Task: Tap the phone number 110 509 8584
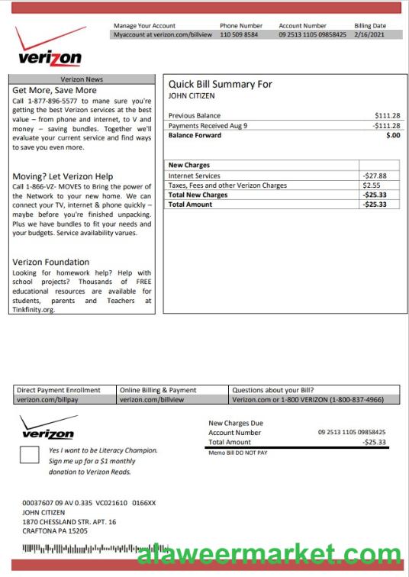point(239,34)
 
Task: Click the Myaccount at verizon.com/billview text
point(163,34)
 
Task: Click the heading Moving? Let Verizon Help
point(63,176)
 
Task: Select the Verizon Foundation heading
point(50,262)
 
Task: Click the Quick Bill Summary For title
point(220,84)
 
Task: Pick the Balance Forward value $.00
point(392,135)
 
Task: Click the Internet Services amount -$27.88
point(375,176)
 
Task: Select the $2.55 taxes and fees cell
point(372,185)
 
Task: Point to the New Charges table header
point(188,165)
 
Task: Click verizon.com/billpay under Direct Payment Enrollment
point(47,399)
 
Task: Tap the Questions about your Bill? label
point(272,390)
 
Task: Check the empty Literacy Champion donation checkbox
point(29,456)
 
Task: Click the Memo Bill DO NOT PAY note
point(238,453)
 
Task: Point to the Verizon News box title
point(82,79)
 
